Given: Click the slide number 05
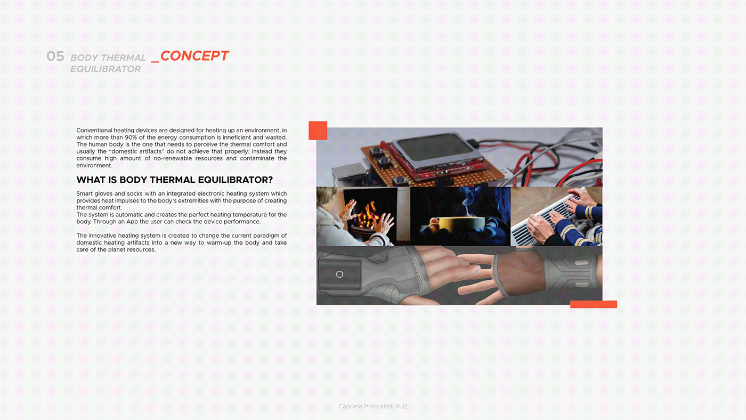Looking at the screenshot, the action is pyautogui.click(x=55, y=56).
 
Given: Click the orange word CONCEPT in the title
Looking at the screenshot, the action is pyautogui.click(x=194, y=56).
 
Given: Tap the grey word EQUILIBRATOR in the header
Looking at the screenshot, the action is pyautogui.click(x=106, y=69).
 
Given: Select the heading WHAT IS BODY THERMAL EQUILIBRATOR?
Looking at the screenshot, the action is pyautogui.click(x=175, y=180).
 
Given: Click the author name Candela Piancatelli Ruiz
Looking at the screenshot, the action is pyautogui.click(x=373, y=406).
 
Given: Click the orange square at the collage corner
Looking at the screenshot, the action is pyautogui.click(x=318, y=131).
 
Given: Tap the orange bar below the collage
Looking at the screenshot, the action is pyautogui.click(x=594, y=304).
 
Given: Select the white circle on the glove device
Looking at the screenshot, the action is pyautogui.click(x=339, y=274).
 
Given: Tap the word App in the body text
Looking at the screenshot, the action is pyautogui.click(x=132, y=222).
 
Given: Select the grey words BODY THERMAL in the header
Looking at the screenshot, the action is pyautogui.click(x=108, y=58).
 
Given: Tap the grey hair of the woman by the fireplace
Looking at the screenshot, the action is pyautogui.click(x=326, y=197).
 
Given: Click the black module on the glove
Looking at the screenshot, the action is pyautogui.click(x=340, y=274).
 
